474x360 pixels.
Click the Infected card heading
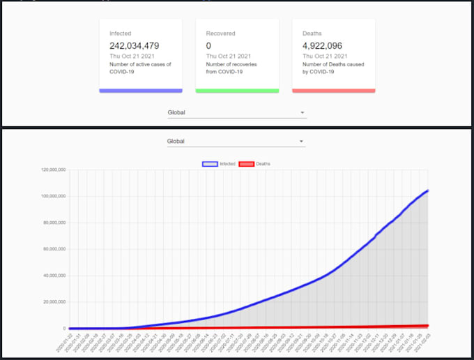[x=120, y=33]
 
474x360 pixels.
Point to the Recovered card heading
[x=220, y=33]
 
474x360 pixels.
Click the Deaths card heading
[x=312, y=33]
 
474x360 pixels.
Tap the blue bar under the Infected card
[x=141, y=90]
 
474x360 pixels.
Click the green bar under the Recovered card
[x=237, y=90]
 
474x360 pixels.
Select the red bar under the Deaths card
[x=333, y=90]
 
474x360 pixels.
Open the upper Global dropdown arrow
[x=302, y=112]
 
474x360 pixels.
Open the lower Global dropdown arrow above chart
[x=301, y=142]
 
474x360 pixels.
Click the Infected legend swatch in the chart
[x=209, y=164]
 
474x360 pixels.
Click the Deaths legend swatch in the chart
[x=246, y=164]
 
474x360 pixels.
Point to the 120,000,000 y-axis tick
[x=54, y=170]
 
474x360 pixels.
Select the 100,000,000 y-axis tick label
[x=54, y=196]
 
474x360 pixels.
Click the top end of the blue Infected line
[x=427, y=190]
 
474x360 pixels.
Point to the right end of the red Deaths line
[x=427, y=326]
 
